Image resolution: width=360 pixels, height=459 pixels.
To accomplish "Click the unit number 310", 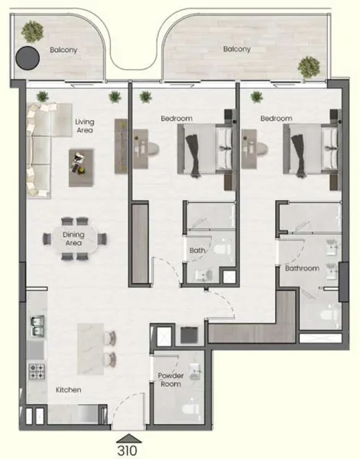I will (128, 450).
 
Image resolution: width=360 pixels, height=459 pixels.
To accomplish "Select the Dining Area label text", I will (73, 239).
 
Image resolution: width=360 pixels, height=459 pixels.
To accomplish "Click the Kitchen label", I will (68, 390).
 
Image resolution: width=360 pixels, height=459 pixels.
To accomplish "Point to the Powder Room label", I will (170, 379).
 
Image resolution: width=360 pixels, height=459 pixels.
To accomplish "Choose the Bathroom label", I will (302, 269).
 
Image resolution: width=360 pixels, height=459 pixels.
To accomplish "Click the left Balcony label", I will (64, 50).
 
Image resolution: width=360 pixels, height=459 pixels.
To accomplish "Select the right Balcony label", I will (237, 49).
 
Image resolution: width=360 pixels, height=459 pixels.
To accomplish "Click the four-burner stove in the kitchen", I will (36, 373).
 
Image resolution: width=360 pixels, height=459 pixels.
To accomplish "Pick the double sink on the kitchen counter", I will (36, 327).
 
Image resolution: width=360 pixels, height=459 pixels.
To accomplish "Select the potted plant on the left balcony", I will (32, 31).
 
